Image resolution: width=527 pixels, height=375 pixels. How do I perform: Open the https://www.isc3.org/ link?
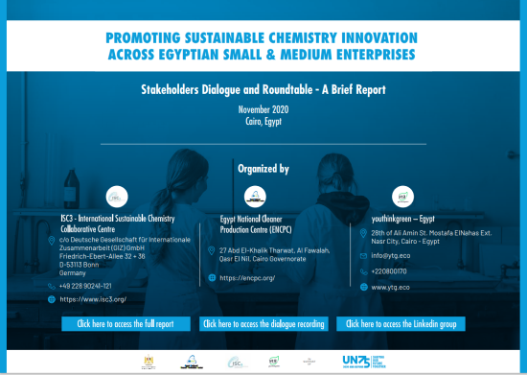pyautogui.click(x=93, y=299)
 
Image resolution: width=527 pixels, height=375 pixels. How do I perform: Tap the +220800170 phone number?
pyautogui.click(x=392, y=271)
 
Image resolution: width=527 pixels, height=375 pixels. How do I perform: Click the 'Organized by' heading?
pyautogui.click(x=263, y=168)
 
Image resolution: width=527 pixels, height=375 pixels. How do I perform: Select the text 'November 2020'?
pyautogui.click(x=263, y=111)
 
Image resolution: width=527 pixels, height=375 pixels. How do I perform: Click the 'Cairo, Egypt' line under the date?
pyautogui.click(x=263, y=123)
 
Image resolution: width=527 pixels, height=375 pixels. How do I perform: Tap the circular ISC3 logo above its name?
pyautogui.click(x=115, y=198)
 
